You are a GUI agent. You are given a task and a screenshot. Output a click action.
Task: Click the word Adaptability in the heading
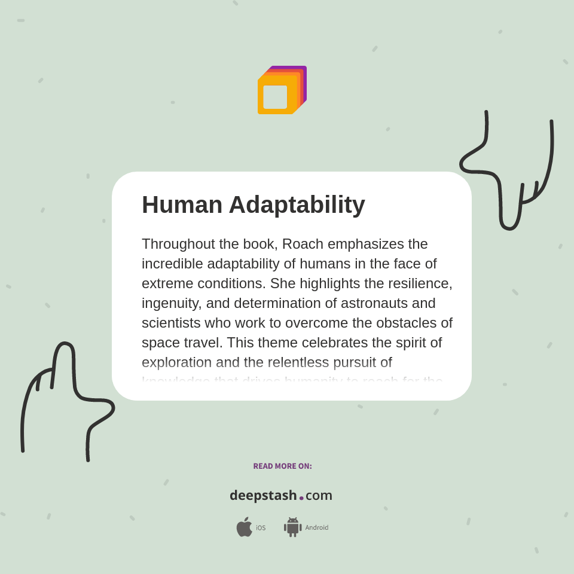pos(297,205)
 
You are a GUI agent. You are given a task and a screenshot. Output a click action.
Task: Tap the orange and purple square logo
pos(282,90)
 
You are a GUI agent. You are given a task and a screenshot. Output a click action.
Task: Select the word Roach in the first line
pos(303,244)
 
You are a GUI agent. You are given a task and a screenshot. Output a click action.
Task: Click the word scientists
pos(171,323)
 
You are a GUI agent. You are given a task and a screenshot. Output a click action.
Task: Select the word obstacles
pos(408,323)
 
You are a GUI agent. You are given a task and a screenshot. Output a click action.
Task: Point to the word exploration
pos(177,362)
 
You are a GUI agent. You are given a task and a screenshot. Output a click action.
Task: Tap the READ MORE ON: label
pos(282,466)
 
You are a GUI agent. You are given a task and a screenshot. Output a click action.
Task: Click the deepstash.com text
pos(281,496)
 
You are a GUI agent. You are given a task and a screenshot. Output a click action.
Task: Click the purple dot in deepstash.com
pos(301,498)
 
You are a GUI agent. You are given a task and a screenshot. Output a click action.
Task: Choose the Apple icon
pos(244,527)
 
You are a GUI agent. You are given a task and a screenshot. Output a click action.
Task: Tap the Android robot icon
pos(293,527)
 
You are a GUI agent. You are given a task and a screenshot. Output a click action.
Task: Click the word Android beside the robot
pos(317,527)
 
